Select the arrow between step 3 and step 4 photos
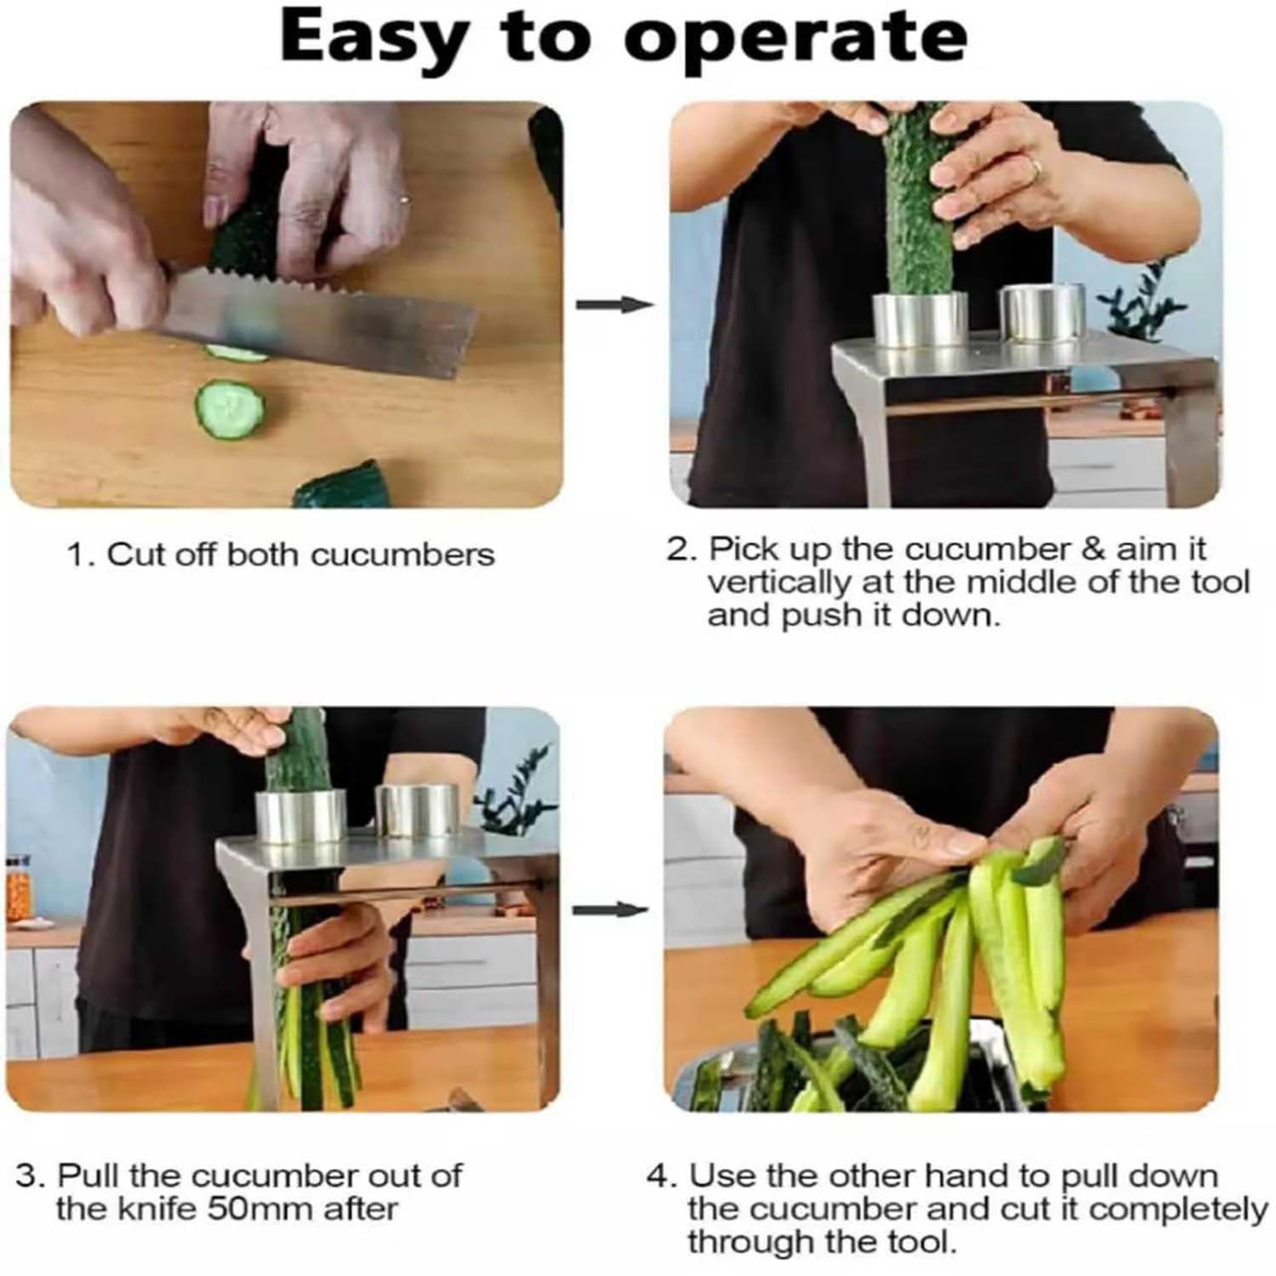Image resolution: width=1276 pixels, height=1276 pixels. tap(609, 910)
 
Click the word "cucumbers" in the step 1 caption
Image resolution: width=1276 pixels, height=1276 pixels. tap(402, 555)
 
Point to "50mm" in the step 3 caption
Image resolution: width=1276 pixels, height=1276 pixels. tap(261, 1209)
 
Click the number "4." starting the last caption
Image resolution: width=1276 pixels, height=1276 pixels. tap(664, 1177)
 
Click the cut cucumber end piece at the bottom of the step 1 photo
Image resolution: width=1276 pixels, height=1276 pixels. tap(339, 487)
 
